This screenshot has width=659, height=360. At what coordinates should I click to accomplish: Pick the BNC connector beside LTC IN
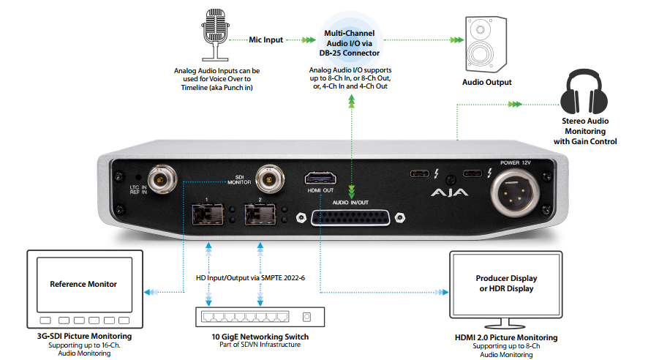(159, 178)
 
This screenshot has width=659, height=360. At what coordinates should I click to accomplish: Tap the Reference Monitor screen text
(83, 284)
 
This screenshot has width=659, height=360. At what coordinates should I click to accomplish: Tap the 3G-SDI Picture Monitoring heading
(83, 336)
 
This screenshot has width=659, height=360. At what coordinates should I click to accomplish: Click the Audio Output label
(486, 83)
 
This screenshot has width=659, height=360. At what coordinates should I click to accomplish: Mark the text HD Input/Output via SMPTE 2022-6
(251, 278)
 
